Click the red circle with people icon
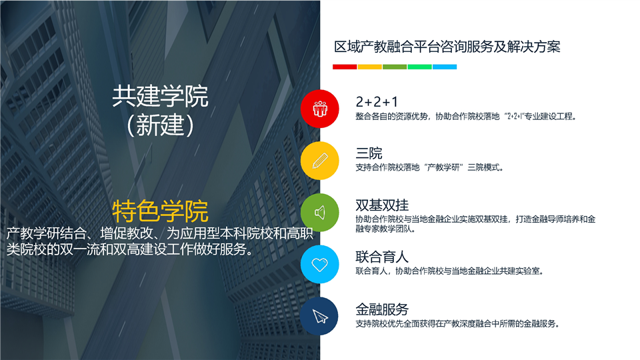click(x=319, y=109)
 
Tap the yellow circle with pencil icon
click(x=319, y=161)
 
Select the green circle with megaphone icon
click(x=319, y=212)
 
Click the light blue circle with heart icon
click(x=319, y=264)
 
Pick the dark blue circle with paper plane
click(x=319, y=316)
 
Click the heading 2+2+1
click(x=376, y=101)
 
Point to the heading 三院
click(x=369, y=153)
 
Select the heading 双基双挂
click(x=382, y=205)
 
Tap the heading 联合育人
click(x=382, y=257)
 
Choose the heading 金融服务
click(x=382, y=309)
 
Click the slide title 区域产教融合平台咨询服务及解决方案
click(x=447, y=47)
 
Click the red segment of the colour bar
click(x=345, y=67)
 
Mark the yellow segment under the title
click(x=370, y=67)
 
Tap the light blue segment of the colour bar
click(x=445, y=67)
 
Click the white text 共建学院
click(x=160, y=96)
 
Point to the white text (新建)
click(x=160, y=125)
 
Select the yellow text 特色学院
click(x=160, y=211)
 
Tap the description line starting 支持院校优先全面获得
click(x=457, y=324)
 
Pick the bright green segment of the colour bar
click(x=419, y=67)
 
